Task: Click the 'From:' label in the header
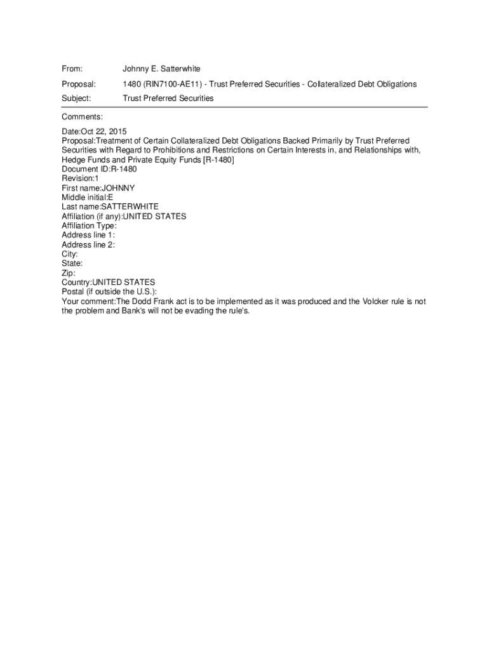click(72, 69)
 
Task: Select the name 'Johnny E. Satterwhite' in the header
click(161, 69)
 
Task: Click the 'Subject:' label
click(76, 98)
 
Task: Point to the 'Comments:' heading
click(82, 117)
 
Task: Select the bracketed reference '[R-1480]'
click(218, 160)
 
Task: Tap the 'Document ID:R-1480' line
click(99, 169)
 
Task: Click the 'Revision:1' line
click(80, 179)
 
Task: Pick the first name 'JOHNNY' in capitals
click(118, 189)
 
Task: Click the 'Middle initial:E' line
click(88, 197)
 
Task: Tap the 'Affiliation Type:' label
click(89, 226)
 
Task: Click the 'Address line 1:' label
click(88, 235)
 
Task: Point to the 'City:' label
click(70, 254)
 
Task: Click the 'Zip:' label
click(69, 273)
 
